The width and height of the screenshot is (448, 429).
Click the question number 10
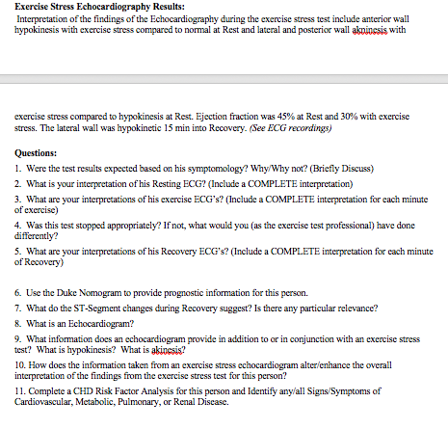tap(20, 364)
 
